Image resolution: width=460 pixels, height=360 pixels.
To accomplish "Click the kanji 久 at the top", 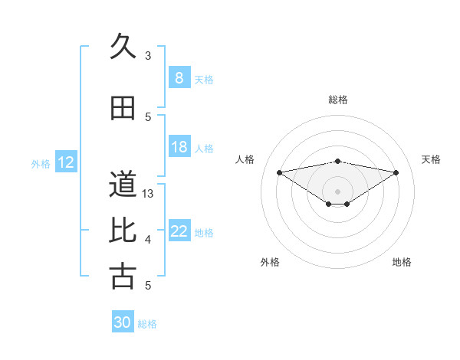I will [x=122, y=46].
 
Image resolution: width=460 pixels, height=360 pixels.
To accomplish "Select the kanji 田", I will [x=122, y=108].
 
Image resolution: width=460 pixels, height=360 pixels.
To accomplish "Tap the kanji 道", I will [x=122, y=184].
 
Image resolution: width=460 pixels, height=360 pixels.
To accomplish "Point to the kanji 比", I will [x=122, y=229].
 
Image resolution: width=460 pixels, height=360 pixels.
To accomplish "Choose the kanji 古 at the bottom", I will [x=122, y=276].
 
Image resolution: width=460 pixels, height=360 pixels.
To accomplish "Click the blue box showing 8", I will [x=179, y=78].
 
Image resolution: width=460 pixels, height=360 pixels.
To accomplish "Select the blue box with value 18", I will [x=179, y=148].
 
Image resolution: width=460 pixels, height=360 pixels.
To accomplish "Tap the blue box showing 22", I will [x=179, y=232].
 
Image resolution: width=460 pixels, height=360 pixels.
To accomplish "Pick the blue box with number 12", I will [x=66, y=162].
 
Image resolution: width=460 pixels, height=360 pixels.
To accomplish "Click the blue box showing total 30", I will [x=123, y=322].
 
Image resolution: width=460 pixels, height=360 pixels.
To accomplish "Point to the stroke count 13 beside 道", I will [x=148, y=193].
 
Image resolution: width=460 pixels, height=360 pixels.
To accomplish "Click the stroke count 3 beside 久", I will [x=148, y=55].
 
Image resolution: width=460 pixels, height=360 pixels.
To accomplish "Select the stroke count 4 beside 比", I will [x=148, y=240].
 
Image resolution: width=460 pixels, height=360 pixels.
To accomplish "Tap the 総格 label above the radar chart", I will [x=337, y=100].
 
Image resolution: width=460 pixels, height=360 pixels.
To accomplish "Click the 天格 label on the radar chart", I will [x=432, y=159].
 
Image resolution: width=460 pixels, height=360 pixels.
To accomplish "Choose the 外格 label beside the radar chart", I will [x=270, y=262].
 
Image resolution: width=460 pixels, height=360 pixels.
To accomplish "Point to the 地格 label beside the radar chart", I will [x=402, y=262].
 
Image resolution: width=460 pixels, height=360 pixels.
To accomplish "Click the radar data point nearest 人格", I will [x=279, y=172].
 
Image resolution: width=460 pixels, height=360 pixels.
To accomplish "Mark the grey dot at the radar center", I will [x=337, y=190].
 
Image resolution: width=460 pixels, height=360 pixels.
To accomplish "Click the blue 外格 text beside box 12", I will [x=41, y=163].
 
